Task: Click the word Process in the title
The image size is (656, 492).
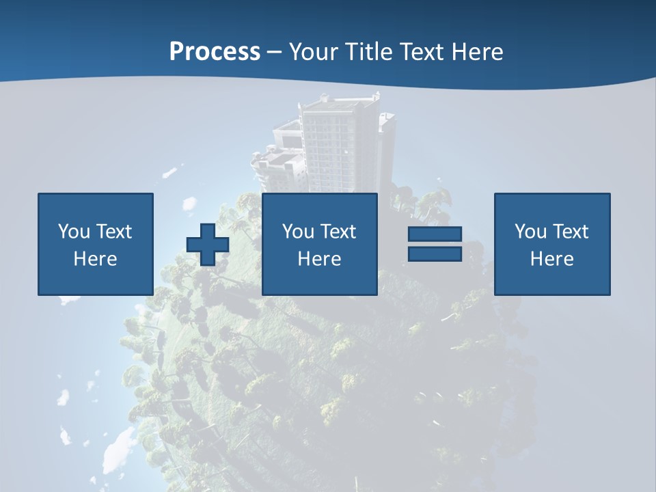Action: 215,52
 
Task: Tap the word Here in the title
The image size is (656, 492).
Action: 478,52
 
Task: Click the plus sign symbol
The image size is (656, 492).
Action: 208,245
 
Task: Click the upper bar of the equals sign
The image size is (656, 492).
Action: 435,234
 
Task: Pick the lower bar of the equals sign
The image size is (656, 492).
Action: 435,254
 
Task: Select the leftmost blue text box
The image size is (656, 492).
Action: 96,244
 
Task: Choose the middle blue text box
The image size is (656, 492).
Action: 319,244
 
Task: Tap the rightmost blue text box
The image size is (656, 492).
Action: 552,244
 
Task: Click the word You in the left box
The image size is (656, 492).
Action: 74,232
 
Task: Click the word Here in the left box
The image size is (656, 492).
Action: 95,259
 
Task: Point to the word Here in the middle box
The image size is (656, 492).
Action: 319,259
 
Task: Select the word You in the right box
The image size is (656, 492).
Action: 530,232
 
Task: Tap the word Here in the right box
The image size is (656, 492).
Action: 551,259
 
